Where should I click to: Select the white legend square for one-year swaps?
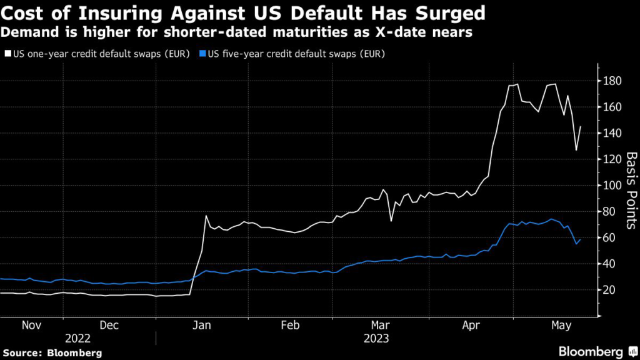7,54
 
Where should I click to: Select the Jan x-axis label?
202,325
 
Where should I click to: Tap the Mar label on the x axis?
381,325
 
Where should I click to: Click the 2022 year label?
78,338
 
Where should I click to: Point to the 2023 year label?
375,338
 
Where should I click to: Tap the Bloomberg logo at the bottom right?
591,352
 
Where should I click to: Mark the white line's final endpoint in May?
581,127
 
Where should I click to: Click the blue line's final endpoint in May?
581,239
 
